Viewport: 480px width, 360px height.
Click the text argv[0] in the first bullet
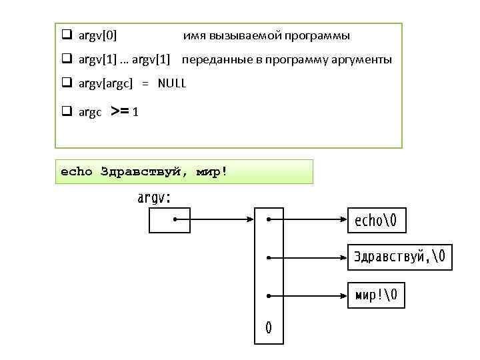pyautogui.click(x=97, y=35)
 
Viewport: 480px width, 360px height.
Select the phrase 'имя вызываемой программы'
pyautogui.click(x=266, y=35)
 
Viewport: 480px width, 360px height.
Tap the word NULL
pyautogui.click(x=172, y=83)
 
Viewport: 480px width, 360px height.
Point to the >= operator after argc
pyautogui.click(x=120, y=111)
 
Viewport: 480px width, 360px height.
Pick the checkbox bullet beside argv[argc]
pyautogui.click(x=67, y=83)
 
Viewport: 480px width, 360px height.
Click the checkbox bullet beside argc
pyautogui.click(x=67, y=111)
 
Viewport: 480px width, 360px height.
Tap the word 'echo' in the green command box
pyautogui.click(x=77, y=171)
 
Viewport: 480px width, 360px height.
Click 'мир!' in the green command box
pyautogui.click(x=211, y=171)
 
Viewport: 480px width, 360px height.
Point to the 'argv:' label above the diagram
pyautogui.click(x=154, y=197)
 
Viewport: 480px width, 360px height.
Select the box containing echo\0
pyautogui.click(x=377, y=219)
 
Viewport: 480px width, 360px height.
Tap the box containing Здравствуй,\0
pyautogui.click(x=400, y=256)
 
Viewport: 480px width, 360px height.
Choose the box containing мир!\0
pyautogui.click(x=376, y=294)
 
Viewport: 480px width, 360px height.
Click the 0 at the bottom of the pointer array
pyautogui.click(x=269, y=327)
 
